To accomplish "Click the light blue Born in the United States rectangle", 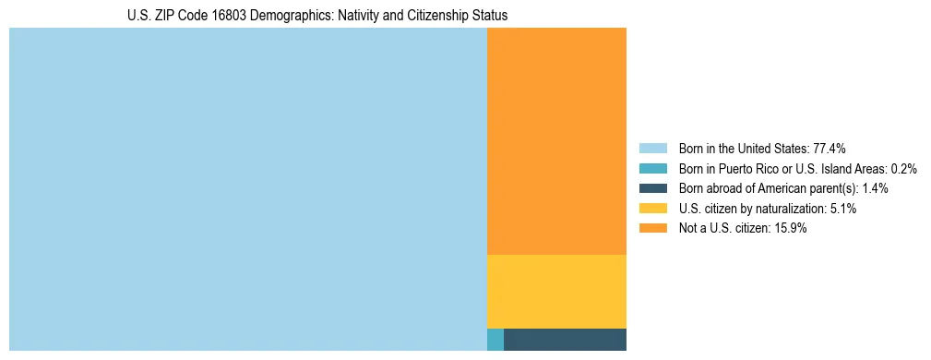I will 247,189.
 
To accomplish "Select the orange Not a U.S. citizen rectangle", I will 556,140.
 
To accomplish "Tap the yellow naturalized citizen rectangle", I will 556,291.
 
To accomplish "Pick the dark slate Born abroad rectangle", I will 565,340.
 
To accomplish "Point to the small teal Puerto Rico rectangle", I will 495,340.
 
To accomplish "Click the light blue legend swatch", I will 652,149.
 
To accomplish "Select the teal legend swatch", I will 652,169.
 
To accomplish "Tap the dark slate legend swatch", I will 652,188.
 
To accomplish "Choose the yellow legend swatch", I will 652,209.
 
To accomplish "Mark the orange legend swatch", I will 652,229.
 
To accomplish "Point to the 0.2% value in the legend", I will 903,169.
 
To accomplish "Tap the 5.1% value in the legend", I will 843,209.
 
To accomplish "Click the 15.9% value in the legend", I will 791,229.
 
